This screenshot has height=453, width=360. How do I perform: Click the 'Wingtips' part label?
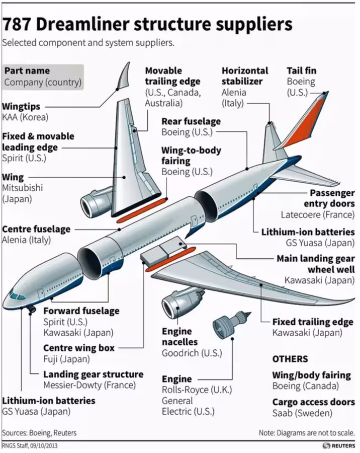21,106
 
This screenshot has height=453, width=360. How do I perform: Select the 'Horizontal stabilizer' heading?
245,75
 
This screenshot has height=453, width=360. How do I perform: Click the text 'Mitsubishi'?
22,188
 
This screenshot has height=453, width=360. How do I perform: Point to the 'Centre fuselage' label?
36,229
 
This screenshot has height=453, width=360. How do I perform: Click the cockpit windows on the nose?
17,295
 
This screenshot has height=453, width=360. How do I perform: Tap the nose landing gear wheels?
32,310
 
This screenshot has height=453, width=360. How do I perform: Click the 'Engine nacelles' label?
179,337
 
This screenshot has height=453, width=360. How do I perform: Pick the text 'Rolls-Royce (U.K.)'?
197,390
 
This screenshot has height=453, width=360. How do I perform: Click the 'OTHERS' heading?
290,359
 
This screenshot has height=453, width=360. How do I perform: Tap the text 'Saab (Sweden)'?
302,413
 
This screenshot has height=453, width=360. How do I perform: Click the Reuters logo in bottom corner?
339,445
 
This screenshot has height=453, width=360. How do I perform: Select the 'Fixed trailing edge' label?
313,322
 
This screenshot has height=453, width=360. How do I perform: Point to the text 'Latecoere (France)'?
318,214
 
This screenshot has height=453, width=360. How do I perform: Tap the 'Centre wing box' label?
79,348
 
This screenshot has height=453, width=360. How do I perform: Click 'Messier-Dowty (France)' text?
89,385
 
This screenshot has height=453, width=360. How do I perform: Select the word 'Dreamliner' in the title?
82,25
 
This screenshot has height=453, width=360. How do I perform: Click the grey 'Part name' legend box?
43,77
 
